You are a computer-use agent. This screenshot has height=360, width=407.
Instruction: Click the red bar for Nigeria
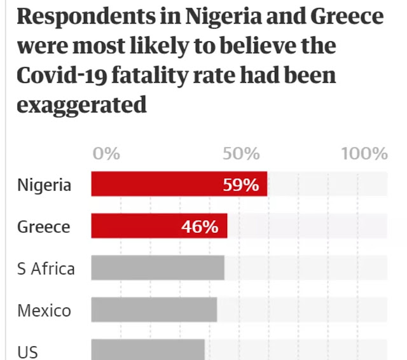coord(178,184)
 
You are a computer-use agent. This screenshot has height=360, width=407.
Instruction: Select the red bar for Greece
coord(159,226)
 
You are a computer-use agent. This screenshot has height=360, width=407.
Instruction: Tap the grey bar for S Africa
coord(158,268)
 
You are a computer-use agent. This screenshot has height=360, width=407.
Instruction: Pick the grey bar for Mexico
coord(154,310)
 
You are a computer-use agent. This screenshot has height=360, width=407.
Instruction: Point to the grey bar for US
coord(148,349)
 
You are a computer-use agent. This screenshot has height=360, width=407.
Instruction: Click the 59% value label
coord(241,185)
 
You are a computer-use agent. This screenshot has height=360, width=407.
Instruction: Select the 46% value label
coord(200,226)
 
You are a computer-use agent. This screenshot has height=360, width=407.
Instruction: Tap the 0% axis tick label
coord(106,154)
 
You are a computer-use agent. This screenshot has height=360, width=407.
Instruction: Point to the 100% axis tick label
coord(364,154)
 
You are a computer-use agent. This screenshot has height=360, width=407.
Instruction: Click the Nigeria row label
coord(44,185)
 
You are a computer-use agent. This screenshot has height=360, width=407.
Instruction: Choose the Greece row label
coord(43,226)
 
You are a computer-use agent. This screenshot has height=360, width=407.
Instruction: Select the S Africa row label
coord(46,268)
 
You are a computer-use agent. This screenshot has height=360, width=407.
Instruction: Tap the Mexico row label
coord(44,310)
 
